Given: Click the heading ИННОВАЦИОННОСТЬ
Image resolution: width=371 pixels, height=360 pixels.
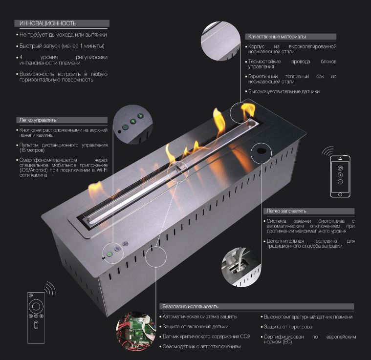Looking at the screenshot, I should tap(48, 23).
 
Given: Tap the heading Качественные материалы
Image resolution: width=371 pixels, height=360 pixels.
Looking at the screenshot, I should tap(277, 37).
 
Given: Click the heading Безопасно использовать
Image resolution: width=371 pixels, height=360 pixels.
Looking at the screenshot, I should tap(190, 306).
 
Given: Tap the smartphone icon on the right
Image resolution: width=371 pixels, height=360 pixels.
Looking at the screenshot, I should tap(340, 176).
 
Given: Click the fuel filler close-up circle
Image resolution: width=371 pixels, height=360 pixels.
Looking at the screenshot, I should tap(239, 266).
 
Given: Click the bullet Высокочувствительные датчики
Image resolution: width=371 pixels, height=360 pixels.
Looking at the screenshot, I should tap(284, 91).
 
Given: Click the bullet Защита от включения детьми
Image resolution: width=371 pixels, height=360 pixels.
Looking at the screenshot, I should tap(196, 326).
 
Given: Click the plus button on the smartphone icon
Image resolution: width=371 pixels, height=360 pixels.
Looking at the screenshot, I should tap(340, 174).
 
